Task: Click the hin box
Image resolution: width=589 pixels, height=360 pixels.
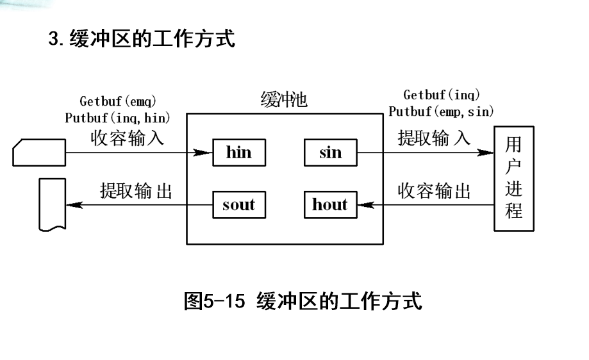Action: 239,152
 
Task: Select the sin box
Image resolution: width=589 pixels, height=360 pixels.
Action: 330,152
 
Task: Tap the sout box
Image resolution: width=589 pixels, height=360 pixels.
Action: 238,205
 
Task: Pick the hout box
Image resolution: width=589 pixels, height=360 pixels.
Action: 329,205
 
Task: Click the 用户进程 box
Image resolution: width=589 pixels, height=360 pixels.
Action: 514,178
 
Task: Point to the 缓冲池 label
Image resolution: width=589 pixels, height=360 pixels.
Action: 284,101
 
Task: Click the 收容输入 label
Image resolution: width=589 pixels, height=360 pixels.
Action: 127,138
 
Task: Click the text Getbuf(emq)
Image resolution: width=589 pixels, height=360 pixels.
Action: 118,101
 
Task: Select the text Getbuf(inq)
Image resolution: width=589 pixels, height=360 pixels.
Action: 442,95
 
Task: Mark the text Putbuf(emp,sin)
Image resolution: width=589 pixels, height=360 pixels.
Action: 442,111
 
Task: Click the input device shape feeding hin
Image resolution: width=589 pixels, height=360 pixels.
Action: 39,152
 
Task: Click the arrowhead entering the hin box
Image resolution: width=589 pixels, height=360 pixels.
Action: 204,153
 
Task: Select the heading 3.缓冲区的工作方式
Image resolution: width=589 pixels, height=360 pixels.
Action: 142,39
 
